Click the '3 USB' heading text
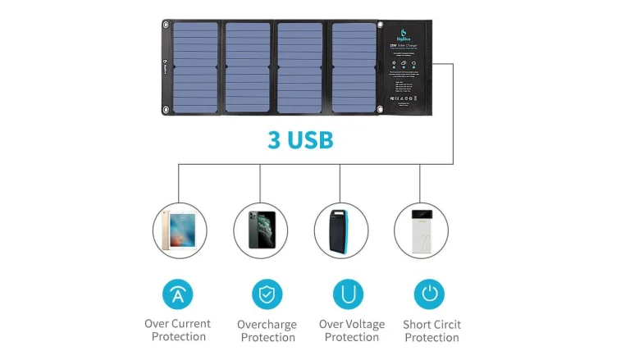click(x=300, y=139)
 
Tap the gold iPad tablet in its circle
click(x=180, y=230)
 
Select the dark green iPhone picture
click(x=260, y=230)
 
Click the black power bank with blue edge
click(x=340, y=230)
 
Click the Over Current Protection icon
click(x=178, y=294)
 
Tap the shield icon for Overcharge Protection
click(x=267, y=294)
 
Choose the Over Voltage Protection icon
click(x=348, y=294)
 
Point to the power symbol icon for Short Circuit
click(x=429, y=294)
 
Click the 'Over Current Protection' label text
click(x=178, y=330)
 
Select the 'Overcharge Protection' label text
click(x=267, y=330)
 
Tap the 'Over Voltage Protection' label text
click(x=352, y=330)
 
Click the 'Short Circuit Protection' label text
click(x=431, y=330)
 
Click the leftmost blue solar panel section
click(x=195, y=67)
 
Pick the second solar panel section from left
click(x=247, y=67)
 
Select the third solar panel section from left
click(x=299, y=67)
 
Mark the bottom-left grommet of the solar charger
click(x=166, y=109)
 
